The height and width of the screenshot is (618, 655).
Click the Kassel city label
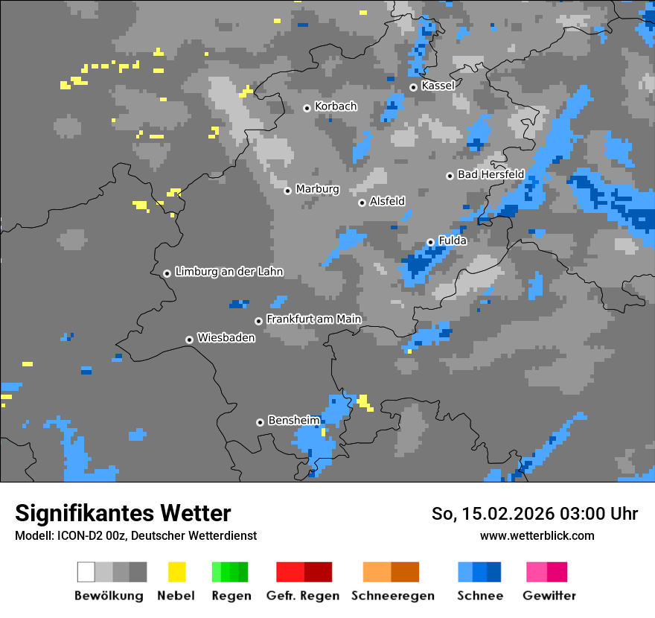[438, 86]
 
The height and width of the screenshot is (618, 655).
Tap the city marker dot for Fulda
[430, 242]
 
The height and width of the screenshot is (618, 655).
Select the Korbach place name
[336, 106]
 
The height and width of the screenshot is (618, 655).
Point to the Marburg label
[317, 189]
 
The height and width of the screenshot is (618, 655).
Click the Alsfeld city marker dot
[362, 203]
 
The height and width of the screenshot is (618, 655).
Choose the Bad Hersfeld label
[491, 174]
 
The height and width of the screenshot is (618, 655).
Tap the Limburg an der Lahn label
[229, 272]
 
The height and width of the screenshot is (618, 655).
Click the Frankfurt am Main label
[313, 319]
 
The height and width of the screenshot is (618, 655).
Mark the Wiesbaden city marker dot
[189, 340]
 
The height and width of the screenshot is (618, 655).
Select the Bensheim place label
[293, 421]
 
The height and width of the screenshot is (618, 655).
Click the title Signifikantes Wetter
[123, 513]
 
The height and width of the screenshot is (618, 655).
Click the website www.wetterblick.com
[537, 535]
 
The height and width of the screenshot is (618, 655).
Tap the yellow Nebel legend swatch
[176, 572]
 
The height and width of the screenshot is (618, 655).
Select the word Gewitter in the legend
[549, 596]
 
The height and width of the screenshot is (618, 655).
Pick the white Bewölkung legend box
[86, 572]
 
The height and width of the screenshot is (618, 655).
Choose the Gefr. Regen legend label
[302, 596]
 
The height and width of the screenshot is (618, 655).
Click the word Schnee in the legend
[479, 596]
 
